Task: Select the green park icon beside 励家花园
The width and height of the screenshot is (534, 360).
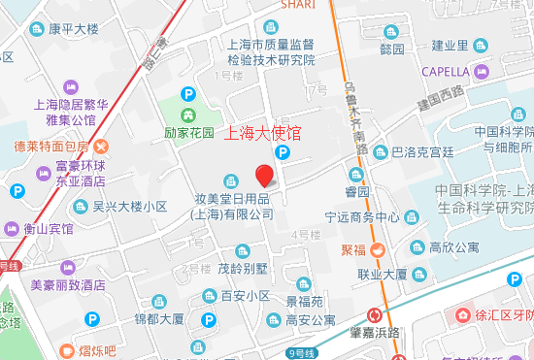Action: tap(188, 95)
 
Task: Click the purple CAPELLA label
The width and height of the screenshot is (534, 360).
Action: tap(446, 71)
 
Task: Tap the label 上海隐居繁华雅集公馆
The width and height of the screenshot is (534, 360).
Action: tap(63, 112)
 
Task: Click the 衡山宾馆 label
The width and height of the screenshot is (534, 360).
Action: tap(49, 229)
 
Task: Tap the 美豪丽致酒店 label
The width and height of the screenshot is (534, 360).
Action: tap(67, 285)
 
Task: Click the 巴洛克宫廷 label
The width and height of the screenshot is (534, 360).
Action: tap(422, 152)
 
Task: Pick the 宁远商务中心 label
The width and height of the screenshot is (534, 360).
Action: tap(356, 216)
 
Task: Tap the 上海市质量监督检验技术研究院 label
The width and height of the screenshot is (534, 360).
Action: tap(271, 51)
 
